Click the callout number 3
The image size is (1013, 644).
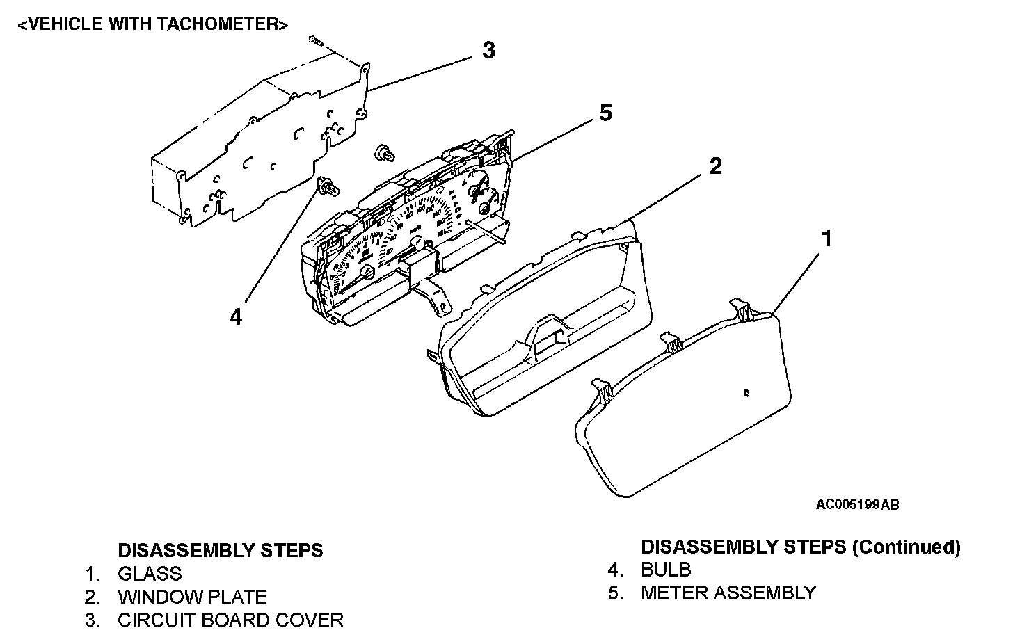click(x=489, y=50)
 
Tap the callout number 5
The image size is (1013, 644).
click(x=605, y=113)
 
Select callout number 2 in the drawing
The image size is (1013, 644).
click(x=715, y=166)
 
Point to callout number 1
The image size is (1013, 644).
click(x=826, y=239)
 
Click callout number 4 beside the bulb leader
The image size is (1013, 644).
click(x=237, y=317)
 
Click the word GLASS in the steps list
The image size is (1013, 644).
click(x=150, y=574)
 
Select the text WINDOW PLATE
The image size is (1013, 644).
click(x=192, y=597)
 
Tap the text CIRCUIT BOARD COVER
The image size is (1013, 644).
click(x=230, y=620)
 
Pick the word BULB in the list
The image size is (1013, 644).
click(x=666, y=570)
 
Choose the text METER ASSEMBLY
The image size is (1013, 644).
click(x=728, y=593)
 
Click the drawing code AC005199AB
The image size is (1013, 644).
click(x=857, y=505)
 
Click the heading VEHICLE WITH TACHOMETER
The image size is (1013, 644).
click(x=152, y=24)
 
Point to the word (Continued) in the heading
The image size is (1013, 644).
click(x=907, y=547)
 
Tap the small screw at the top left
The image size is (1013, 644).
click(x=317, y=41)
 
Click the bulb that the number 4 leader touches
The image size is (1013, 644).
click(x=327, y=185)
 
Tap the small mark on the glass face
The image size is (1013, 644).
click(x=747, y=392)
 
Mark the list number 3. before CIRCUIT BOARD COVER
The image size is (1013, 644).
click(x=93, y=620)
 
